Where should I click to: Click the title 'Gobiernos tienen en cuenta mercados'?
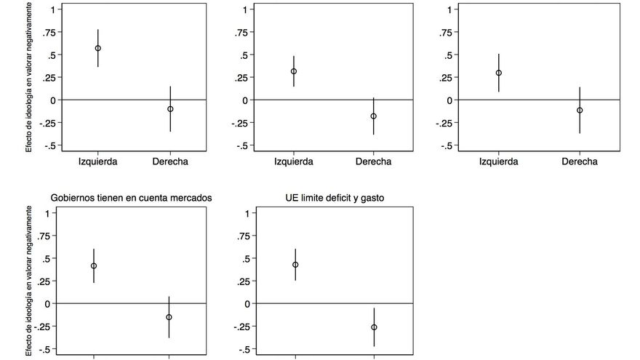(131, 197)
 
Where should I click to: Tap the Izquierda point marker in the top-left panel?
(97, 48)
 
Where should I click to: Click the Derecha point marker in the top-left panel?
(170, 109)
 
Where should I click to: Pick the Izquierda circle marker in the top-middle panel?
(294, 71)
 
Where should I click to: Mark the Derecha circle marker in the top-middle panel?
(373, 116)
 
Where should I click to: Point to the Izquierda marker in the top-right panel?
(499, 73)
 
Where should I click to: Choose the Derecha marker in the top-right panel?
(579, 111)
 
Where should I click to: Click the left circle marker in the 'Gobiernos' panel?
(94, 266)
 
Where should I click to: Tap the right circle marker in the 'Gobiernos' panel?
(169, 317)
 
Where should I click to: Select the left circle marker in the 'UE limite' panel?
(295, 265)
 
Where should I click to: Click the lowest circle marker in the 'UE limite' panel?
(374, 327)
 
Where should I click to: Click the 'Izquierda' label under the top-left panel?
(97, 161)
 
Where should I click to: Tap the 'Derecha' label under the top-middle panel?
(373, 161)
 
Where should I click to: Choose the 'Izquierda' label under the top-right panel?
(499, 161)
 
